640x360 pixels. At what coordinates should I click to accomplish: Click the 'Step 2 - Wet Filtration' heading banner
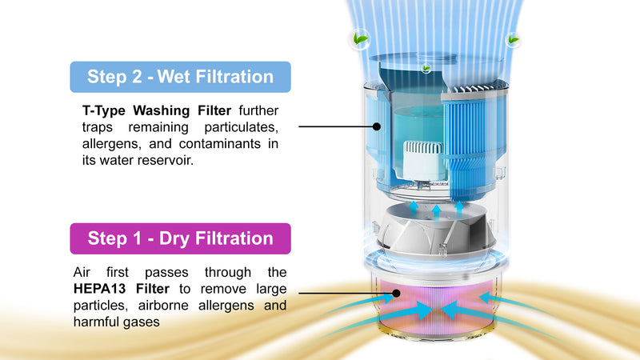[180, 78]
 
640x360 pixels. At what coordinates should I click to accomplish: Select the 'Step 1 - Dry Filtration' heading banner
[180, 238]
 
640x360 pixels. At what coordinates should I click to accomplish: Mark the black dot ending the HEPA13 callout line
[398, 294]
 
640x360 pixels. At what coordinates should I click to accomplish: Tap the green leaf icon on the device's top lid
[426, 68]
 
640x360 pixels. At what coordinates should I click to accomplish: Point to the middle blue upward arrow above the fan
[436, 210]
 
